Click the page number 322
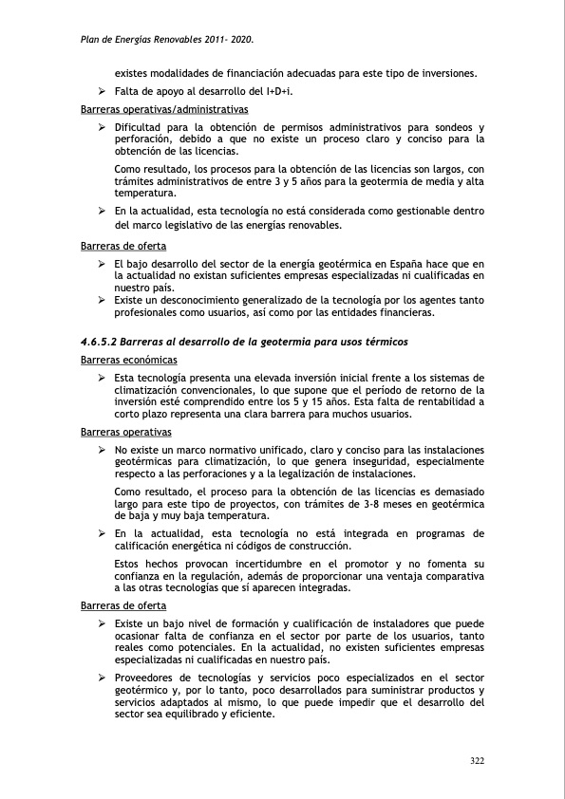click(x=479, y=760)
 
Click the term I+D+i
click(x=277, y=90)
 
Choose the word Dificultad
click(x=139, y=127)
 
